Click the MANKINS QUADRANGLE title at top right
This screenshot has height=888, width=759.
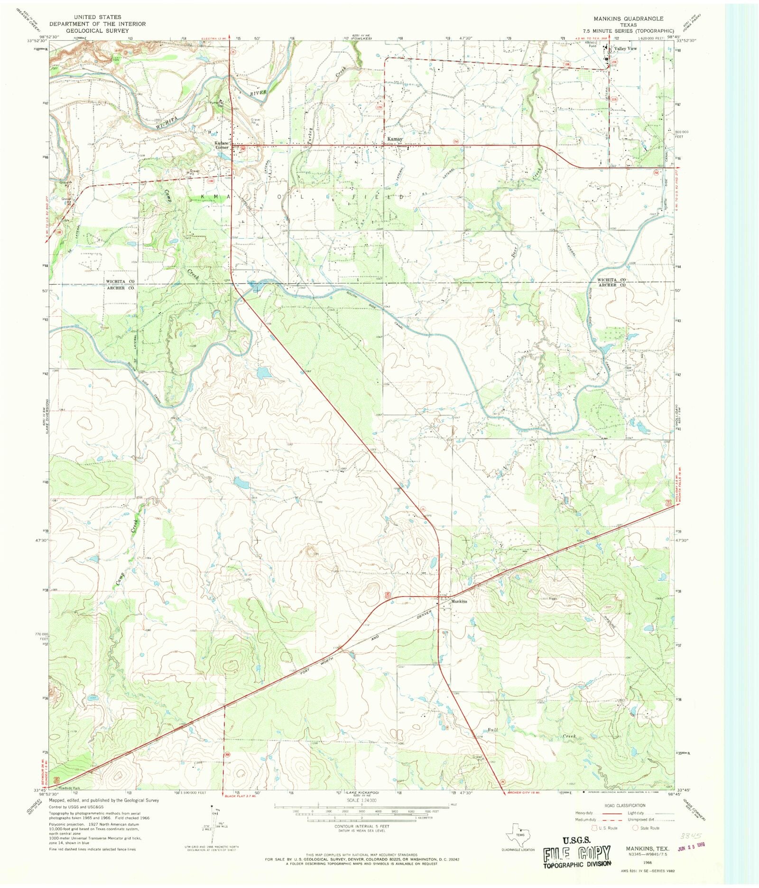(x=633, y=18)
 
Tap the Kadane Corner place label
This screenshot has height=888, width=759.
(x=222, y=145)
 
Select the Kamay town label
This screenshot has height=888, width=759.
(x=395, y=139)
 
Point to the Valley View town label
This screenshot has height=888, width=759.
(x=626, y=49)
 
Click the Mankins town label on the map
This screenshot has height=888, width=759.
(x=459, y=601)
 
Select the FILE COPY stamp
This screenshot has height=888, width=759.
(x=577, y=853)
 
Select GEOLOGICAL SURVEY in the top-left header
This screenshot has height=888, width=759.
(x=98, y=30)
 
